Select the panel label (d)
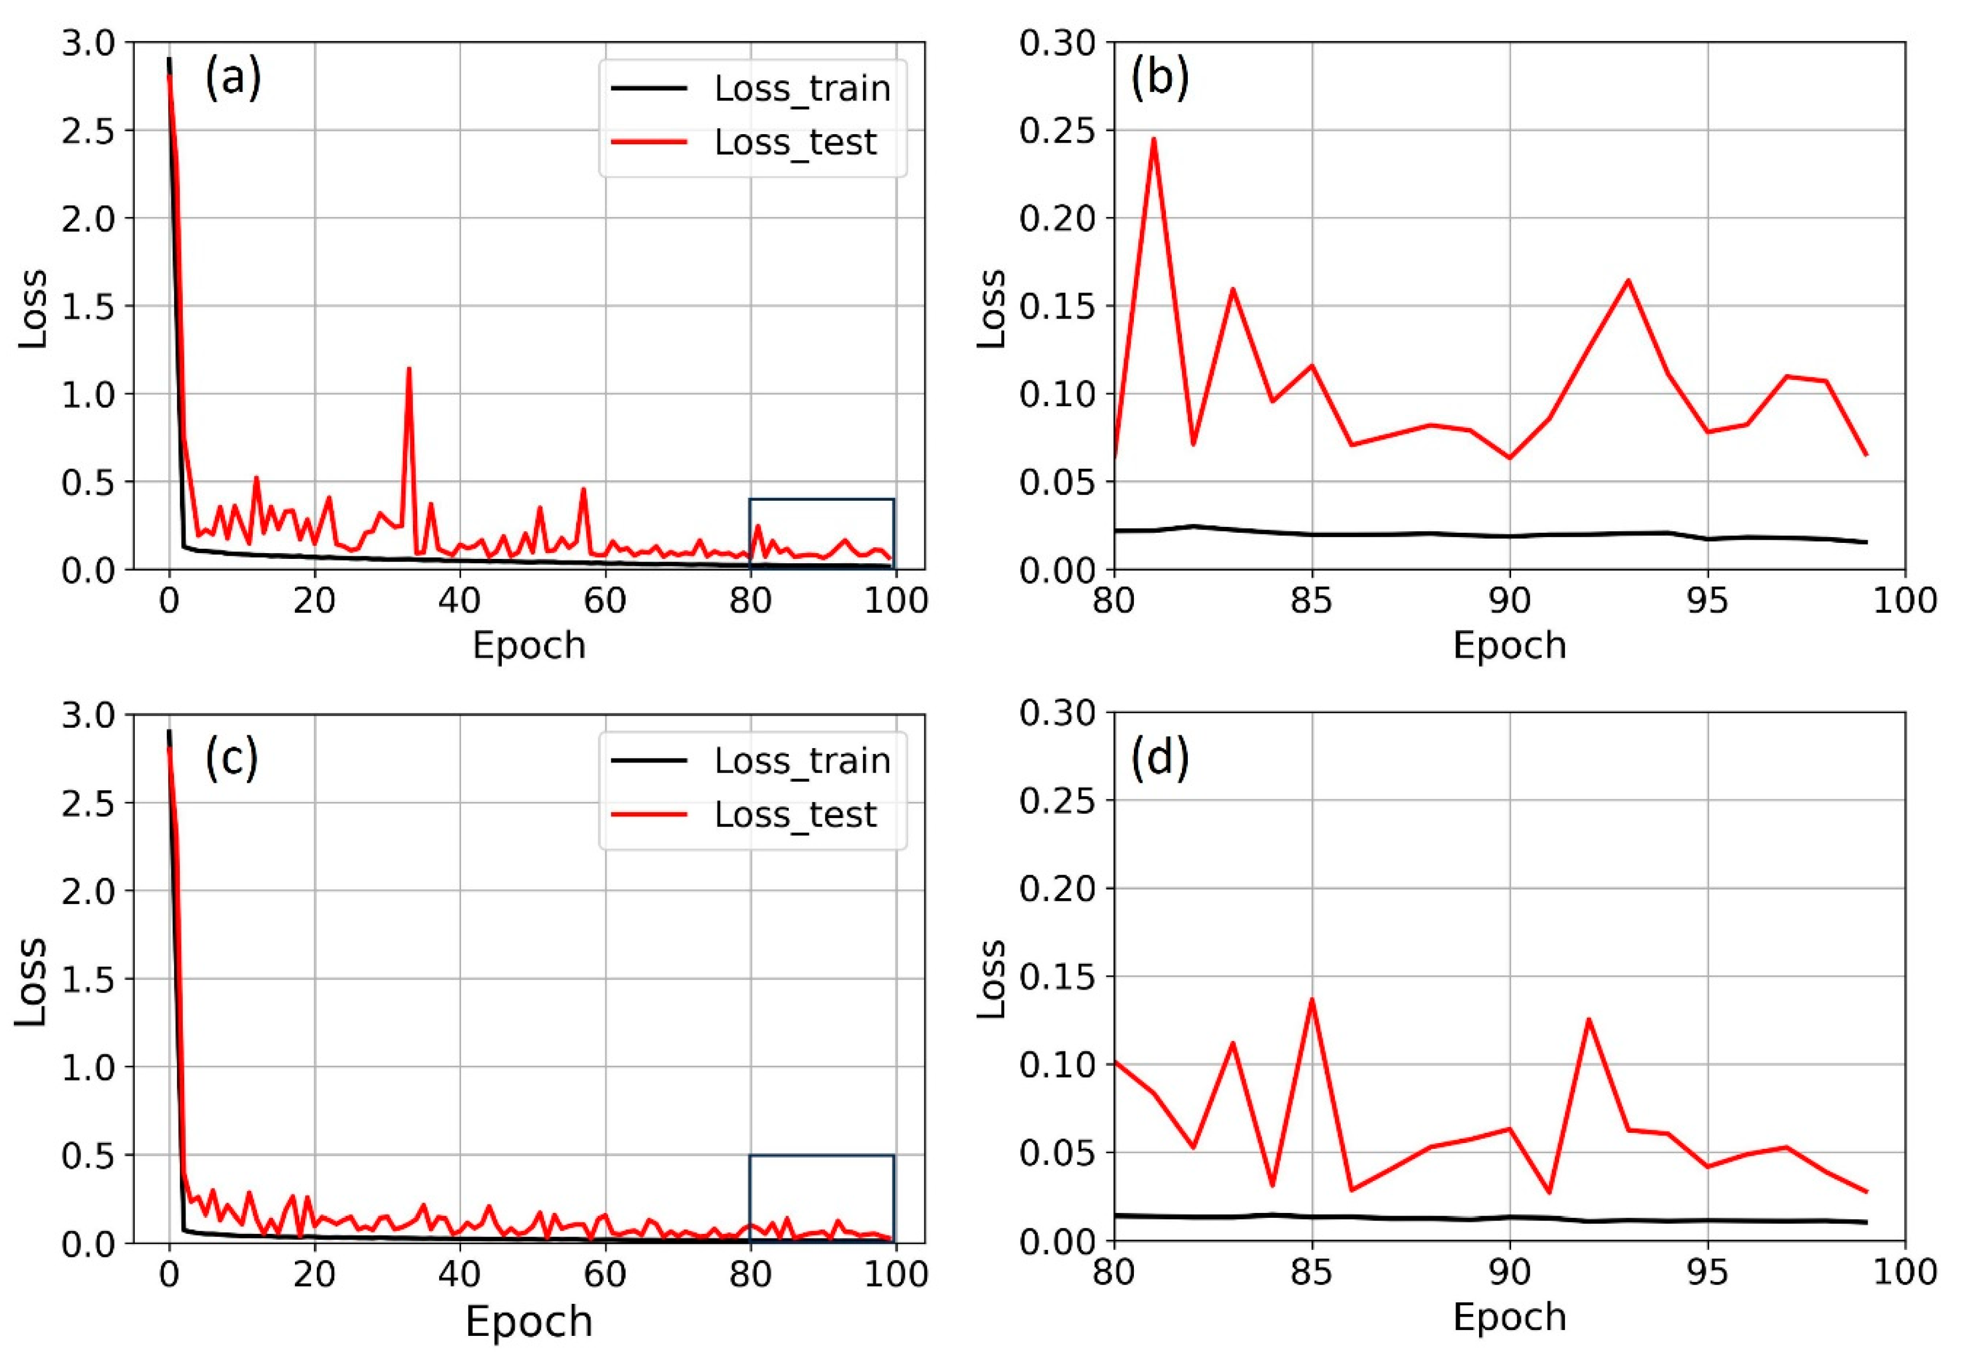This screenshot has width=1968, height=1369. pos(1159,758)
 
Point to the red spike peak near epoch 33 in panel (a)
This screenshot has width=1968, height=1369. pos(409,369)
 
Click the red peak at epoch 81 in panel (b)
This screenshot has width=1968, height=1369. pos(1154,139)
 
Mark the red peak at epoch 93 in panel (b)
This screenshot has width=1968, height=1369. pos(1628,281)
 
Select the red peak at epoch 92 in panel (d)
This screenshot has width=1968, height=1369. pos(1588,1019)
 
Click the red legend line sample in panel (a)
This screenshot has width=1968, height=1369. pos(649,142)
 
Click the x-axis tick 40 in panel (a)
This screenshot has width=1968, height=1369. pos(460,600)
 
